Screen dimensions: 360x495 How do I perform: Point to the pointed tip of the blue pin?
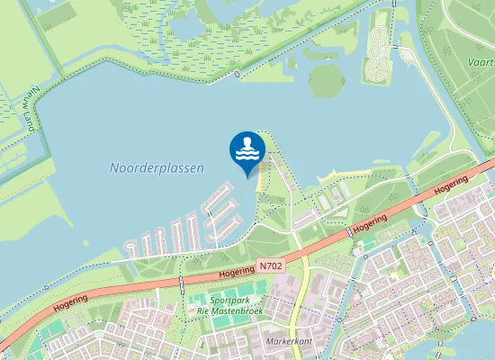tap(247, 177)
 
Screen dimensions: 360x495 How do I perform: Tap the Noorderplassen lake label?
tap(157, 167)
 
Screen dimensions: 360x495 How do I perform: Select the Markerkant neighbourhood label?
tap(289, 342)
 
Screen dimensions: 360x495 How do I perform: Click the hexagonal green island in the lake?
tap(327, 82)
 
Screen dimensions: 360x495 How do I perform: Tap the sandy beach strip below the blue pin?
tap(262, 180)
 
